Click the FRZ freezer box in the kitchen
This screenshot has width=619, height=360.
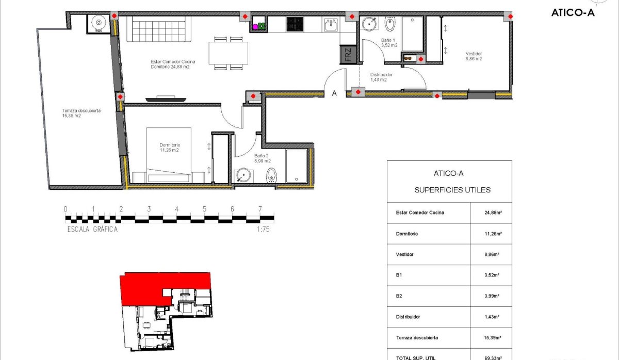coord(348,55)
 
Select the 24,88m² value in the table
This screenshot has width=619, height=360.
coord(491,212)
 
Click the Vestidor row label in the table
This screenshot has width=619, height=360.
coord(404,254)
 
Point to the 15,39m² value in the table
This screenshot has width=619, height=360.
coord(491,338)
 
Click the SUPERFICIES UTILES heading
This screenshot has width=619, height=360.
coord(452,190)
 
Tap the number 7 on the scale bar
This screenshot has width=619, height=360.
coord(260,209)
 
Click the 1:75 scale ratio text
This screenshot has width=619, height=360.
coord(263,230)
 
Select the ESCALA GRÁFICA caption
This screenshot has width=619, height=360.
coord(92,230)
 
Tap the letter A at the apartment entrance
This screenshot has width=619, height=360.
coord(334,94)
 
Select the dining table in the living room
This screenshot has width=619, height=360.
coord(228,53)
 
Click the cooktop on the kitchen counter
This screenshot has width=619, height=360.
coord(296,24)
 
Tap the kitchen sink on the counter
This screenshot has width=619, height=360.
coord(330,24)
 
